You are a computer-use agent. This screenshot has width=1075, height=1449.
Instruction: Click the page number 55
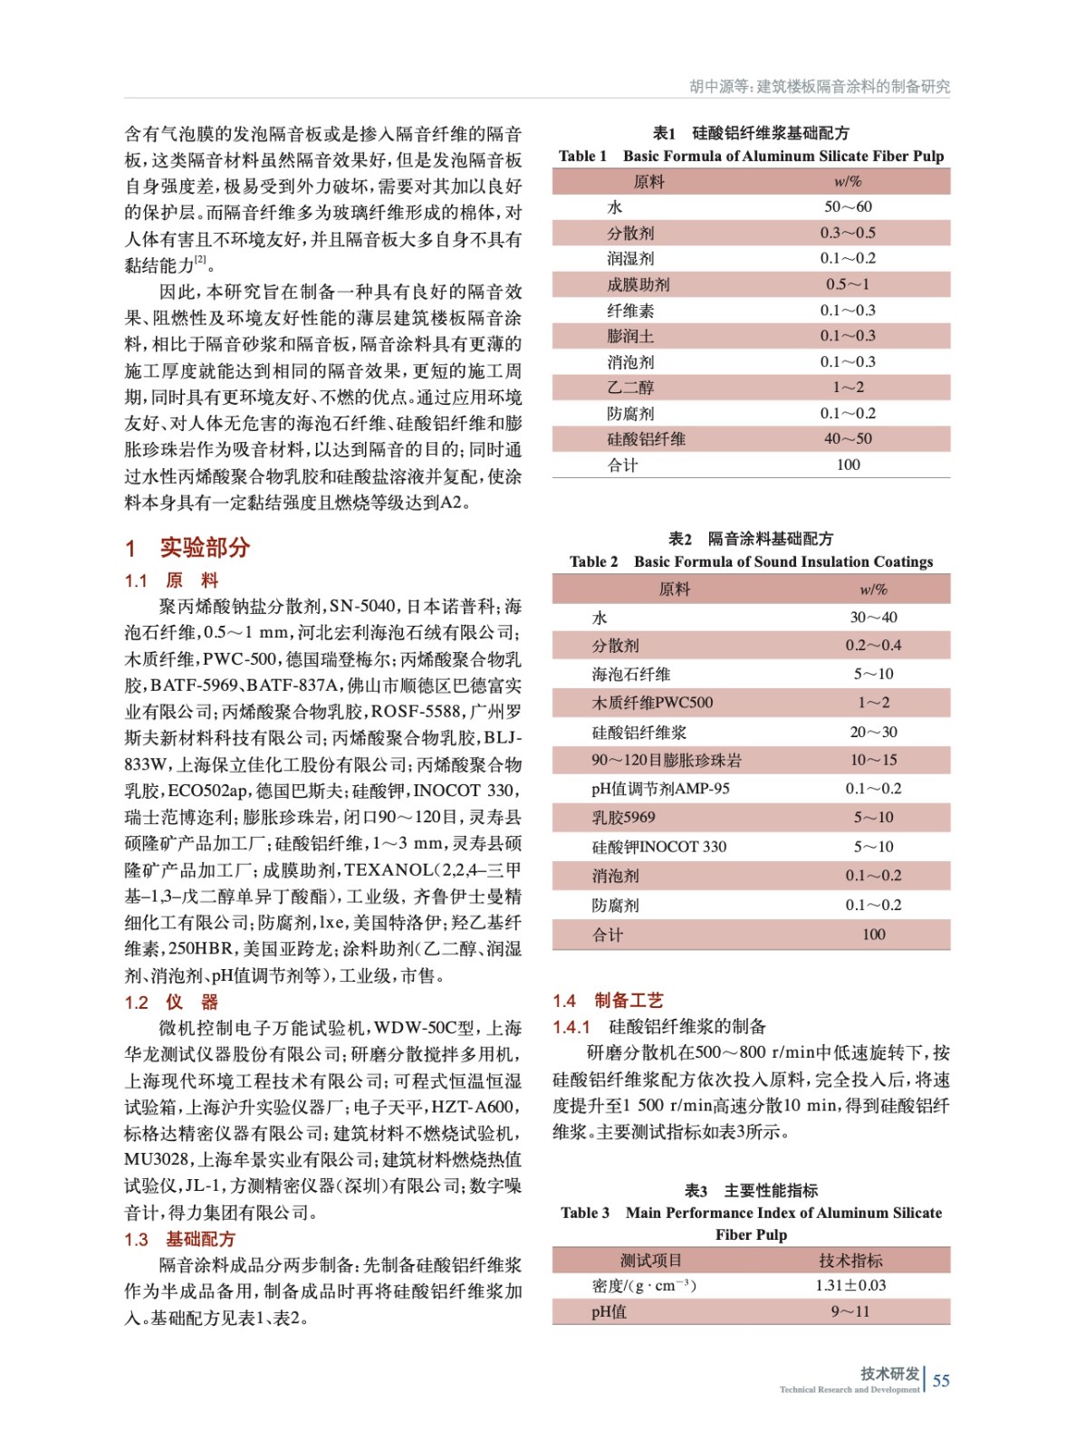[941, 1380]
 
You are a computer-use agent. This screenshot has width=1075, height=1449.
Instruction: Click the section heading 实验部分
[205, 548]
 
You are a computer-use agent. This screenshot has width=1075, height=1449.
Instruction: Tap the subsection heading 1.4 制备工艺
[608, 1000]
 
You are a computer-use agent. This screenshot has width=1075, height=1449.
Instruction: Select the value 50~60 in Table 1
[848, 206]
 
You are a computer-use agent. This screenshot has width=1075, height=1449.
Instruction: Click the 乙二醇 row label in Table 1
[630, 388]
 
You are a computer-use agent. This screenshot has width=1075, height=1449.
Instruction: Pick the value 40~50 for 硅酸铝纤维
[848, 439]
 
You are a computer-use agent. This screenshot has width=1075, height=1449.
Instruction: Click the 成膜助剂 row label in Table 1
[638, 284]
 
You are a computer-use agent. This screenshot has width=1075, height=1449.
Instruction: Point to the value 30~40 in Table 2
[873, 617]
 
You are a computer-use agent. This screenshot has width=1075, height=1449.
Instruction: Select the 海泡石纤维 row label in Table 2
[631, 674]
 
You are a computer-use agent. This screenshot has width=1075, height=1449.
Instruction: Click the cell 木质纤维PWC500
[652, 703]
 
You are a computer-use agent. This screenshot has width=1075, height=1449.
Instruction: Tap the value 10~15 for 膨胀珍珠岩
[873, 760]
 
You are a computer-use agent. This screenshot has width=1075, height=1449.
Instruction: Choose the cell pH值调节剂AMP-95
[660, 789]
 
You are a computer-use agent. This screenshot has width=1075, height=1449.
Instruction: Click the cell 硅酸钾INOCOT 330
[658, 847]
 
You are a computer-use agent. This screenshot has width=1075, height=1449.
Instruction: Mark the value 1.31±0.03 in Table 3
[850, 1285]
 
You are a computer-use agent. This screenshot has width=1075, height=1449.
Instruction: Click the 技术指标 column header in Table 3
[850, 1260]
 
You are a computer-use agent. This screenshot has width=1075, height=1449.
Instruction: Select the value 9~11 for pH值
[850, 1311]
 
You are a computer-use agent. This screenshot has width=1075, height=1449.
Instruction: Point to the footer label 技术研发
[889, 1373]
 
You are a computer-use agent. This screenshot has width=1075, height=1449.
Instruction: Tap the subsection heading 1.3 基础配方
[180, 1239]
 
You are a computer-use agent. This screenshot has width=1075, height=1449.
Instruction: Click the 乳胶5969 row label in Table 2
[623, 818]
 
